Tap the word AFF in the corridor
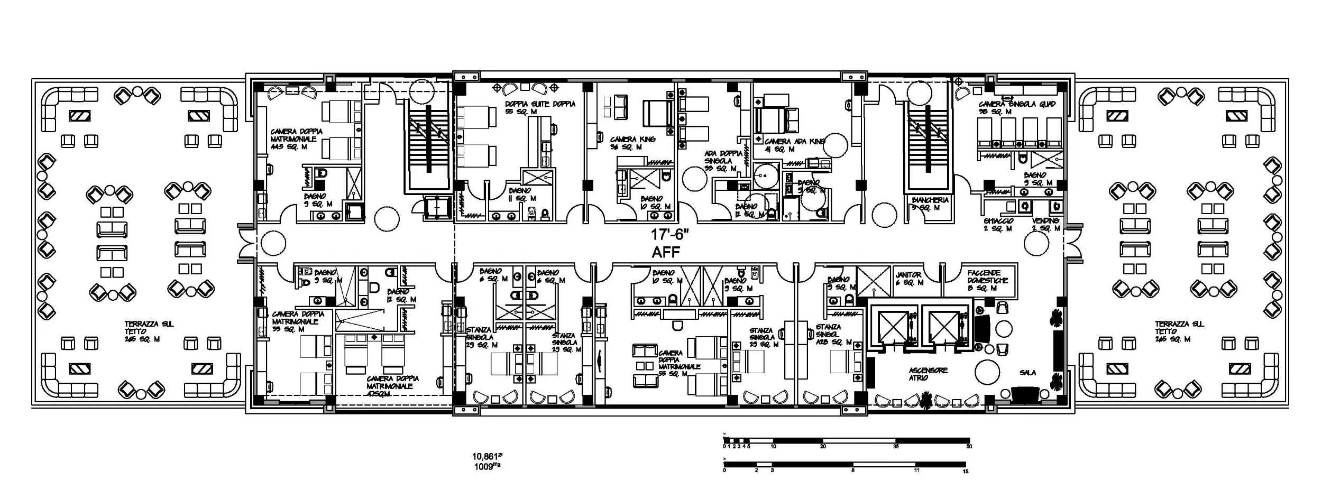click(666, 252)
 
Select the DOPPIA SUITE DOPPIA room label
click(539, 105)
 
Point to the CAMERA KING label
click(632, 140)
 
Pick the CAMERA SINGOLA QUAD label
click(1016, 105)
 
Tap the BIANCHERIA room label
click(930, 200)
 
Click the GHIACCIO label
click(998, 221)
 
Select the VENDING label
click(1045, 221)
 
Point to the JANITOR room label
click(908, 275)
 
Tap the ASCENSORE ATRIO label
click(928, 374)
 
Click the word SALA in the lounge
click(1027, 373)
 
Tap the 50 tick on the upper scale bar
click(969, 447)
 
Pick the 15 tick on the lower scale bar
click(966, 471)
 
